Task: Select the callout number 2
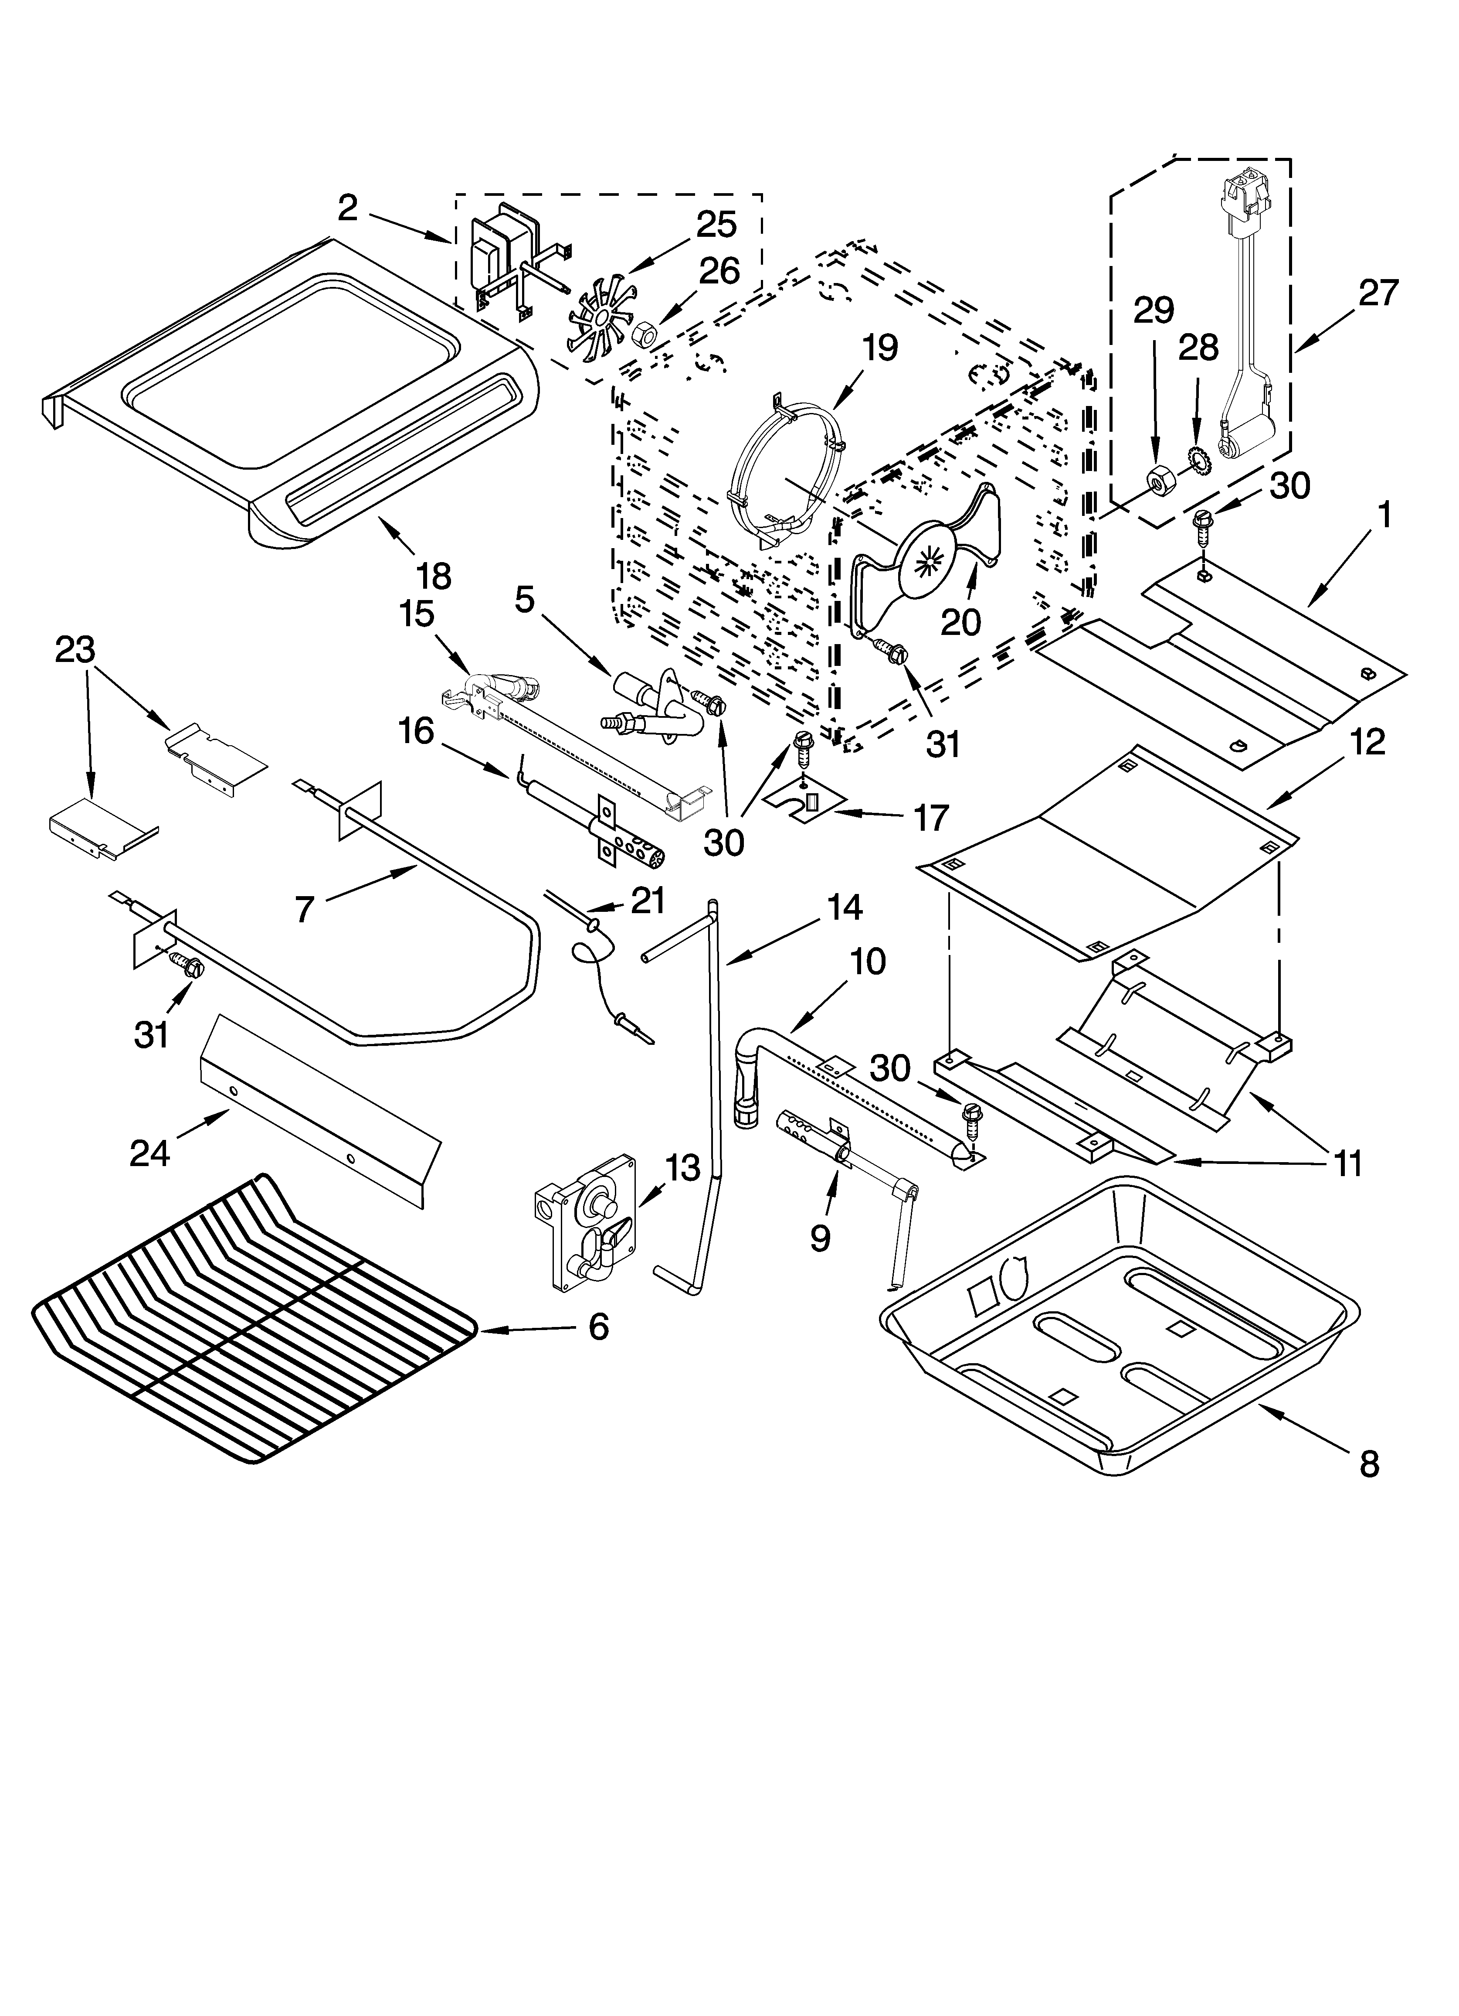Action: [347, 208]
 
